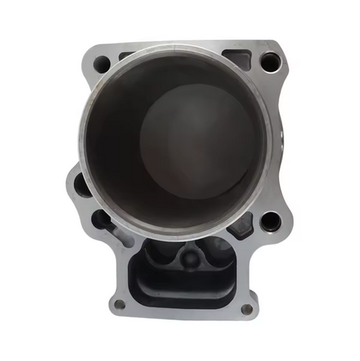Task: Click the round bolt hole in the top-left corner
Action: (x=100, y=63)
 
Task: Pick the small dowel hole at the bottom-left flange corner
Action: (x=119, y=304)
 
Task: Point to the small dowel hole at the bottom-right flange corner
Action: (x=247, y=308)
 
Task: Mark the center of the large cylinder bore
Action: (x=175, y=140)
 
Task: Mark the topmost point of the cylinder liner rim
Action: (x=175, y=47)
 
